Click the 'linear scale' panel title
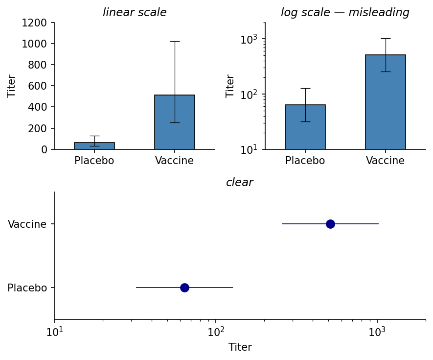coord(135,13)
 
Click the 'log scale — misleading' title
coord(345,13)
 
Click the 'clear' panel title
coord(239,183)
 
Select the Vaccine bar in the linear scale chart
coord(175,122)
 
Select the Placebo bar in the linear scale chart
coord(94,146)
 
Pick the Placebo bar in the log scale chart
coord(305,127)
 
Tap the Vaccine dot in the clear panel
coord(330,224)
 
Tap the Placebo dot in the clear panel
coord(184,288)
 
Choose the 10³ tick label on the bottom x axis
coord(377,332)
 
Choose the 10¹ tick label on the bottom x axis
coord(54,332)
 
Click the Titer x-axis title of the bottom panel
coord(240,347)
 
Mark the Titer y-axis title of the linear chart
coord(12,86)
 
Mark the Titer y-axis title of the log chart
coord(230,86)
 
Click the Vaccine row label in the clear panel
coord(27,224)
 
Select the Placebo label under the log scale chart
coord(305,161)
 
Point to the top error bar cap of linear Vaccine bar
coord(175,41)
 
